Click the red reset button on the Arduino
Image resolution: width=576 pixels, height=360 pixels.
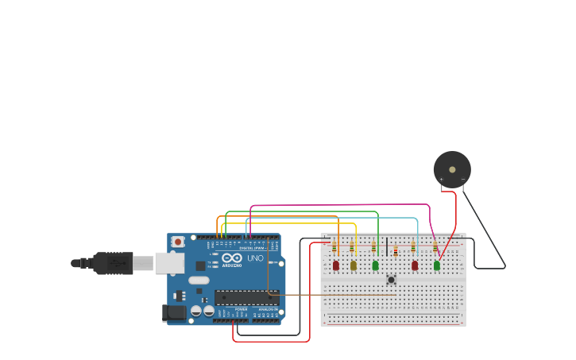178,241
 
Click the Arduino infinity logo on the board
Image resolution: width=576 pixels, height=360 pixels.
232,258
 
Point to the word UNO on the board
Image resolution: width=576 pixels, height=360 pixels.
256,258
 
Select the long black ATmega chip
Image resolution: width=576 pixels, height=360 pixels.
246,298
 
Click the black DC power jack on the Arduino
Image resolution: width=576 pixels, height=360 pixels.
174,313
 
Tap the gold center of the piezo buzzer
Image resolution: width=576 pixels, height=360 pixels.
452,168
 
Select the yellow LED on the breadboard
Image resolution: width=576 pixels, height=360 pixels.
354,265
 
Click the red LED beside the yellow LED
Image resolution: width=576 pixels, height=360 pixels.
336,265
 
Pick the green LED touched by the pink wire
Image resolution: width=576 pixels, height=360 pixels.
436,265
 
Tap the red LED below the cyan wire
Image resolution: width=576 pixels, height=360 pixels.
415,265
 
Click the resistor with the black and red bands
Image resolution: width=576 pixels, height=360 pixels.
396,251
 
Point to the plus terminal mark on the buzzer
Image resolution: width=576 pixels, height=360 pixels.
442,180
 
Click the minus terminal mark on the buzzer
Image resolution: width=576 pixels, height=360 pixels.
463,180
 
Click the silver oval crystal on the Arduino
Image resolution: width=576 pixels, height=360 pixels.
199,280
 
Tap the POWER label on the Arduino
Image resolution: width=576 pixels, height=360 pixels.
241,308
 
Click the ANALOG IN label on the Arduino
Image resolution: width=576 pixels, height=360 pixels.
268,308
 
